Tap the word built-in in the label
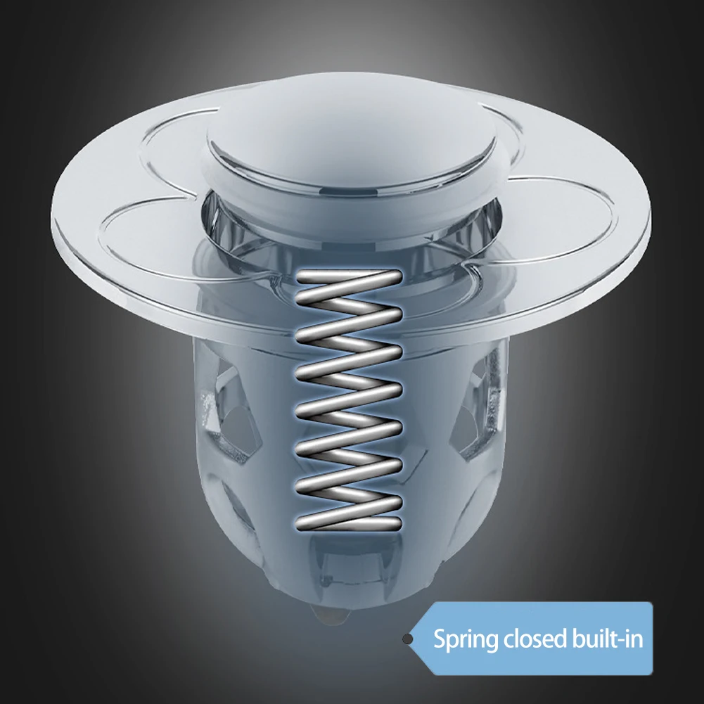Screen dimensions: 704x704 click(x=608, y=639)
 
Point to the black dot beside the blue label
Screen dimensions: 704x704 click(x=407, y=639)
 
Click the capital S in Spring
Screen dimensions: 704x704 click(x=440, y=639)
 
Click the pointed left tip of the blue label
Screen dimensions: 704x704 click(x=414, y=639)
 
